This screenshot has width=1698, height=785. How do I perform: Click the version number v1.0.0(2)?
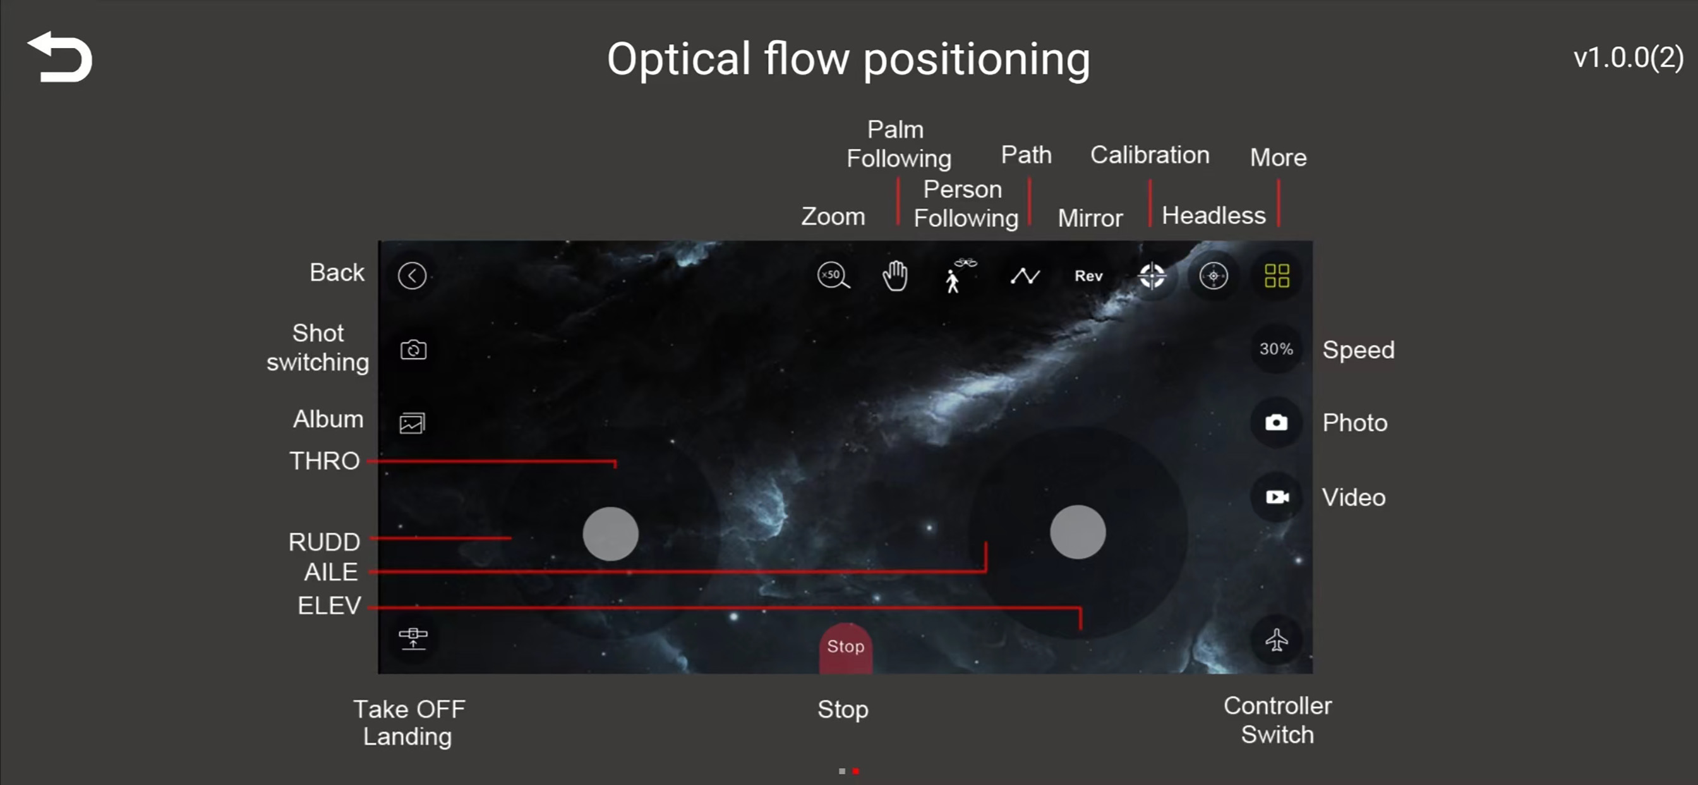pyautogui.click(x=1628, y=58)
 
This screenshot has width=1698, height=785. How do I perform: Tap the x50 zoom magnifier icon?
pyautogui.click(x=833, y=276)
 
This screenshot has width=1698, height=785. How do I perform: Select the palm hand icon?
pyautogui.click(x=894, y=276)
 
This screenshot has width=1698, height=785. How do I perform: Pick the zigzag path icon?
pyautogui.click(x=1025, y=276)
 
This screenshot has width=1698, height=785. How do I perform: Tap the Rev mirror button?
pyautogui.click(x=1088, y=276)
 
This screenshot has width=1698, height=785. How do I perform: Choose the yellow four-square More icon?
pyautogui.click(x=1277, y=276)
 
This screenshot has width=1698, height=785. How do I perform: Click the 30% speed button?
pyautogui.click(x=1276, y=349)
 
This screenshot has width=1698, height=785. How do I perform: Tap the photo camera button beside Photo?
pyautogui.click(x=1276, y=422)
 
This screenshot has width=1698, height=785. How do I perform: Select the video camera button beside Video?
pyautogui.click(x=1276, y=497)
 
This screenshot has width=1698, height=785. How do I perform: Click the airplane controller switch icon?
pyautogui.click(x=1276, y=640)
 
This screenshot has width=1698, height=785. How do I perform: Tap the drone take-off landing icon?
pyautogui.click(x=413, y=638)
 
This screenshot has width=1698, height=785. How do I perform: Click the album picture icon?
pyautogui.click(x=412, y=423)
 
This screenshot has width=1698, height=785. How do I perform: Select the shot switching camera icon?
pyautogui.click(x=413, y=349)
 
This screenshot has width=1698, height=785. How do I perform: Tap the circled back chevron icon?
pyautogui.click(x=412, y=276)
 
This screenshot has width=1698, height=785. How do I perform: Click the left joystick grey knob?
pyautogui.click(x=610, y=533)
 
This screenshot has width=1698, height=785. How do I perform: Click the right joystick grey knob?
pyautogui.click(x=1078, y=532)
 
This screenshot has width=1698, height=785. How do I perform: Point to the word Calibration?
pyautogui.click(x=1150, y=155)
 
